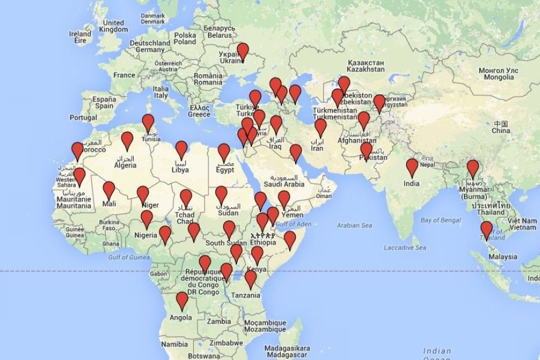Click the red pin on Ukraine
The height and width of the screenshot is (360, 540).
(242, 51)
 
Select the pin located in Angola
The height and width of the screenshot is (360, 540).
(182, 300)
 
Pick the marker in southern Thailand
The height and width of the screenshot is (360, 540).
(486, 229)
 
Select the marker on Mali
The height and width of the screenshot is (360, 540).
(109, 190)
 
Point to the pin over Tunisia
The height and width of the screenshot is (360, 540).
(148, 122)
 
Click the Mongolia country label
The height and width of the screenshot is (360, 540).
(497, 74)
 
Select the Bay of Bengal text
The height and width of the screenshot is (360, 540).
(440, 220)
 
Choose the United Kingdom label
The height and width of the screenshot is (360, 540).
(113, 26)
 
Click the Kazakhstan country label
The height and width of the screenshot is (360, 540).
(366, 65)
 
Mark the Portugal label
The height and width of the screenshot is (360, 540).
(83, 118)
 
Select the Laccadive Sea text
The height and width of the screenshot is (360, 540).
(405, 247)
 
